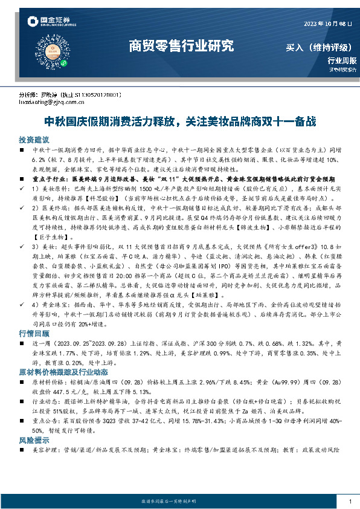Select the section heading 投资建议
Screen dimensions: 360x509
pos(33,138)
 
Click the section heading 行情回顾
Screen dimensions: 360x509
pos(33,334)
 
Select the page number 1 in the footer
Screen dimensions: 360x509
pos(350,502)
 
